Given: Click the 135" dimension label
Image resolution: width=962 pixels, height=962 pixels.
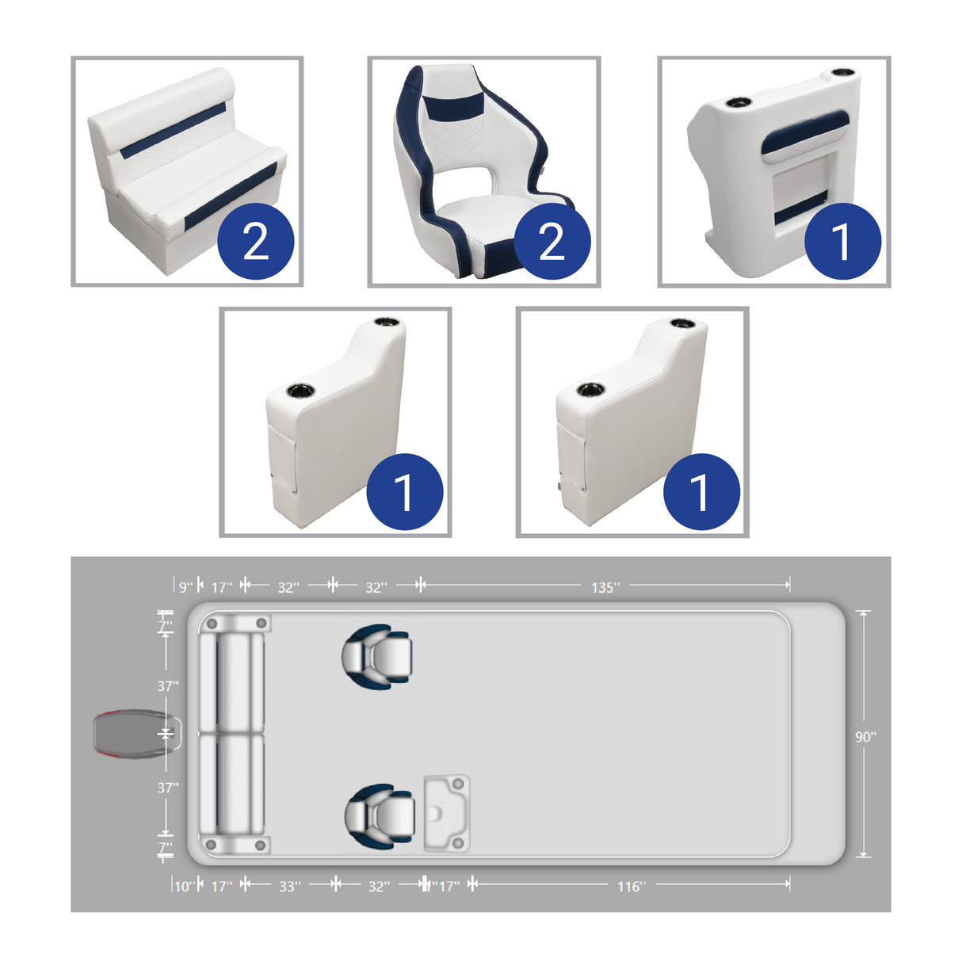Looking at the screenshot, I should pos(605,587).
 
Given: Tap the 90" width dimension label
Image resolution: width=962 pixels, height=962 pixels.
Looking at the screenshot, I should pos(865,736).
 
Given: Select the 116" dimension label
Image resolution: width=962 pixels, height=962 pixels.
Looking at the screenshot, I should pos(631,886).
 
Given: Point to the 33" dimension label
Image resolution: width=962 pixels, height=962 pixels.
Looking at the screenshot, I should pos(289,886).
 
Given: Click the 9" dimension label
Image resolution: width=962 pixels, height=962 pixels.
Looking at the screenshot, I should pos(185,587).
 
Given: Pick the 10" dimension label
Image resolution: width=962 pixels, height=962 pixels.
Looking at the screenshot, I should pos(183,886).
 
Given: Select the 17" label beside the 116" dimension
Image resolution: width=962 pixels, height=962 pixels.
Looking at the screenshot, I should pos(449,886).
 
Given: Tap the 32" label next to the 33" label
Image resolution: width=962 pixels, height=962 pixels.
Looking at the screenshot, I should pos(379,886).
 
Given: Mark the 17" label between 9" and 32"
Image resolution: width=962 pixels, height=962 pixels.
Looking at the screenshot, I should pos(222,587).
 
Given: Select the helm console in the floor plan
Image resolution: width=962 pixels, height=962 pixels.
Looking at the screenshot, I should pos(447,813).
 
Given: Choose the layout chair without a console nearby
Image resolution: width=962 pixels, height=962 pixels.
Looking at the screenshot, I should pos(377,655).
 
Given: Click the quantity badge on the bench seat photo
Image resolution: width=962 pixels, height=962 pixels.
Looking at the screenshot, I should pos(255,241).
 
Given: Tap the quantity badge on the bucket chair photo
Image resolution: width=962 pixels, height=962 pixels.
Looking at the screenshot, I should pos(552,241).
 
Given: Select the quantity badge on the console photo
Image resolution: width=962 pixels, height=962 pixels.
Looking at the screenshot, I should pos(842,241).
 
